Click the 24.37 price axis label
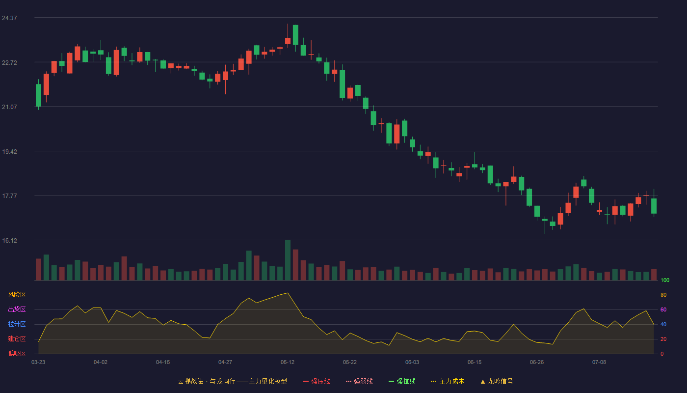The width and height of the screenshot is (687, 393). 9,18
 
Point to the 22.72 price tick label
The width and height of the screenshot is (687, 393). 9,63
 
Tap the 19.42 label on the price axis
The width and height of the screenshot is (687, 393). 9,152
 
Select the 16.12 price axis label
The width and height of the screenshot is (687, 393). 9,241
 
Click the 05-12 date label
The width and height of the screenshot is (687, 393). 288,363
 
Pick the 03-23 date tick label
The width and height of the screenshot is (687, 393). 38,363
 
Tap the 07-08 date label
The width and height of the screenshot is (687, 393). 599,363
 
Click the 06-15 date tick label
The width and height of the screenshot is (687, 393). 475,363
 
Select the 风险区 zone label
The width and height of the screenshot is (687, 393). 17,295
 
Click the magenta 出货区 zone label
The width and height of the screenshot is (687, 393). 17,309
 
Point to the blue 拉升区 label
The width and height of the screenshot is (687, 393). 17,324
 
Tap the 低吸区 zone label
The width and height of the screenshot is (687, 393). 17,353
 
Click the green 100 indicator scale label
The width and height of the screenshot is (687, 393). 665,280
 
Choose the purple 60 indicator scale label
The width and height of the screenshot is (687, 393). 663,309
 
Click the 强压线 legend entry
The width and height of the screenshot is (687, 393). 317,381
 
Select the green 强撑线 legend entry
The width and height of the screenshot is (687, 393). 402,381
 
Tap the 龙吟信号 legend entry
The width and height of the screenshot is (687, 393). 497,381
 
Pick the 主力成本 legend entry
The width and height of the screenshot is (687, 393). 448,381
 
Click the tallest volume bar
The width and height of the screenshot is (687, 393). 288,260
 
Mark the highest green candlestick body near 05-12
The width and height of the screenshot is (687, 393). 295,35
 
